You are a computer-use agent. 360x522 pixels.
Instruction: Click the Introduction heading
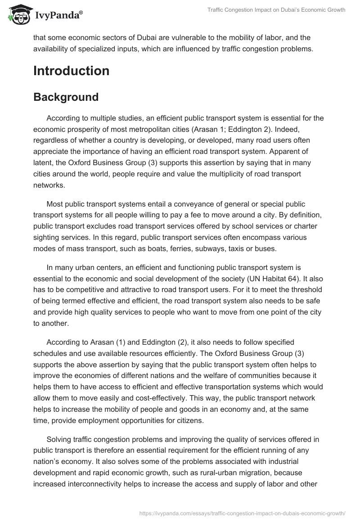71,71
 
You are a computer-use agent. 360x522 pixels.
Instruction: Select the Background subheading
66,97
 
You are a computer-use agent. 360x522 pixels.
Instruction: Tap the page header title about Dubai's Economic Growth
275,10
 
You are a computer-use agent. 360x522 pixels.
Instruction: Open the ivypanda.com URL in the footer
243,512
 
